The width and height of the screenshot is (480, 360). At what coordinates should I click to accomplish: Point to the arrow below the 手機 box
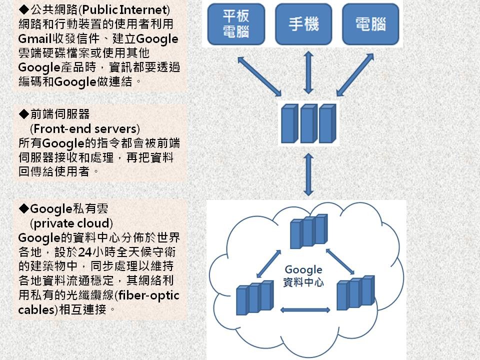click(x=308, y=72)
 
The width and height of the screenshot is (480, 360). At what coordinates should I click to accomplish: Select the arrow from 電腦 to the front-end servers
click(x=355, y=74)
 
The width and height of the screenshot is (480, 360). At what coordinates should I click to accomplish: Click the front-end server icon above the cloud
click(x=308, y=123)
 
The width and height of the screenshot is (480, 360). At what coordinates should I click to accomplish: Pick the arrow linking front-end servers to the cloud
click(x=308, y=173)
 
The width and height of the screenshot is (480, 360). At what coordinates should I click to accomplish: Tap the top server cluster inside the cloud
click(x=308, y=231)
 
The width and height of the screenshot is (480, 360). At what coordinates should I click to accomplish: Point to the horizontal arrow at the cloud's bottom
click(x=305, y=310)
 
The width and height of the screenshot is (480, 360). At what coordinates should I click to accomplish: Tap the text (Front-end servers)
click(x=84, y=128)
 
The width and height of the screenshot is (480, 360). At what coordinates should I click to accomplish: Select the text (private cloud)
click(x=71, y=222)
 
